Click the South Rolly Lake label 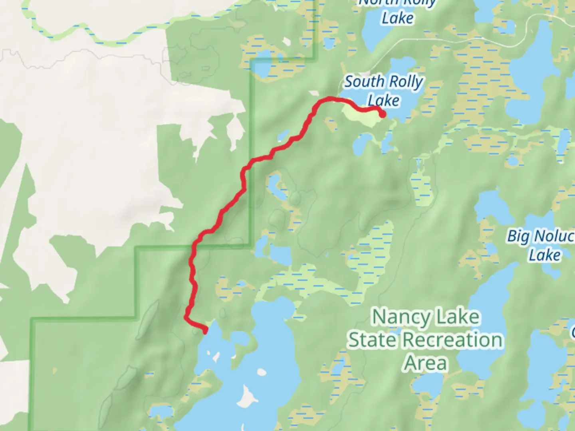coord(383,91)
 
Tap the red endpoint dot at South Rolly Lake coord(382,115)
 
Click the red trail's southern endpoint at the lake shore coord(206,330)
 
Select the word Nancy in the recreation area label coord(402,318)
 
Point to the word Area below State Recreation coord(426,363)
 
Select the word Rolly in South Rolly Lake coord(406,82)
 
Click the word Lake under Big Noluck coord(544,255)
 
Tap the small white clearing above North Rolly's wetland coord(286,42)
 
